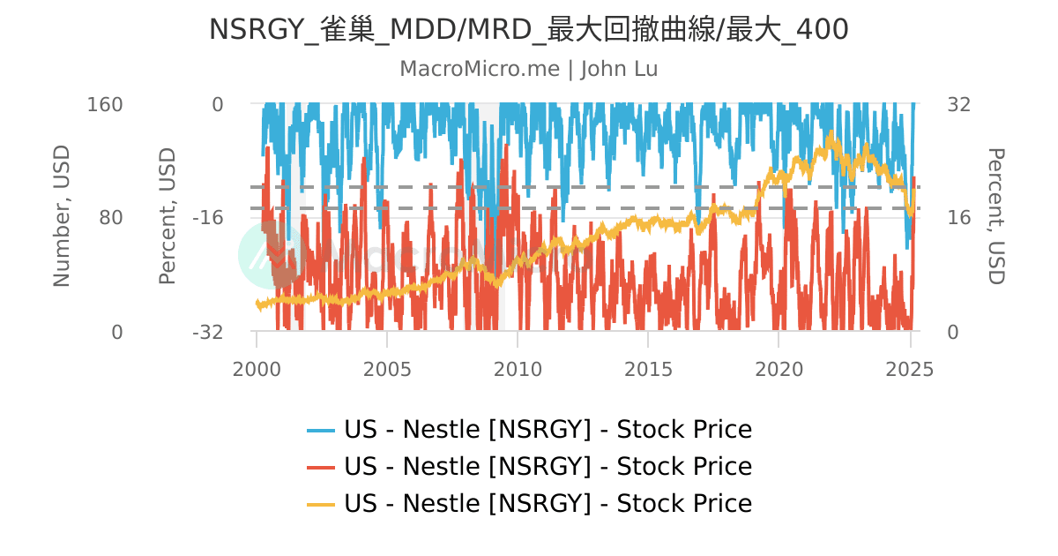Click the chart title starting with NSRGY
(x=528, y=29)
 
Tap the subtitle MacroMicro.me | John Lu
(x=528, y=69)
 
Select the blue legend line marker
(x=321, y=430)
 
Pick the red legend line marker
(x=321, y=467)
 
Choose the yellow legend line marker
(x=321, y=504)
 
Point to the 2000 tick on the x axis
(x=257, y=368)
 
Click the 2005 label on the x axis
(x=387, y=368)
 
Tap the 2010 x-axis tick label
(x=518, y=368)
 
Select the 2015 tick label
(x=648, y=368)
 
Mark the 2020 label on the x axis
(x=779, y=368)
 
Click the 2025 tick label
(x=909, y=368)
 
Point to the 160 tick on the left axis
(x=105, y=104)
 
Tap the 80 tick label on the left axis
(x=111, y=218)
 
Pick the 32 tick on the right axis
(x=958, y=104)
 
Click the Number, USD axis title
(x=61, y=216)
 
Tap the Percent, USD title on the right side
(x=995, y=216)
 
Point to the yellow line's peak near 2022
(x=831, y=133)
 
